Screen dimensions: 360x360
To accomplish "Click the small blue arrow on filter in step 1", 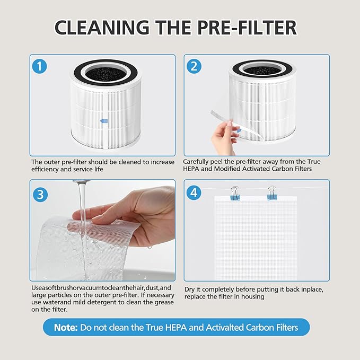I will tap(104, 121).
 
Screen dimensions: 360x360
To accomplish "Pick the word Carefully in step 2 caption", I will tap(197, 162).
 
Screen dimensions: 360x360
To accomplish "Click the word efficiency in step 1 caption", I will tap(45, 170).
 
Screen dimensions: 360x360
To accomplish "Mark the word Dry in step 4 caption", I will tap(189, 289).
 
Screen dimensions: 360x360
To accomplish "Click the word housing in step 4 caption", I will tap(251, 297).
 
